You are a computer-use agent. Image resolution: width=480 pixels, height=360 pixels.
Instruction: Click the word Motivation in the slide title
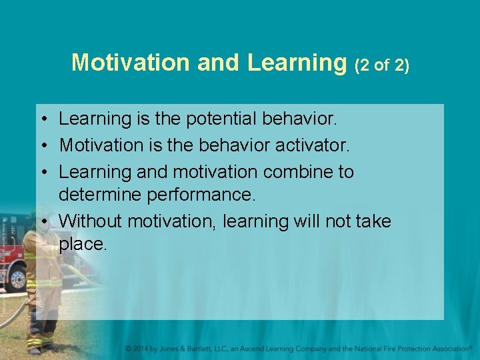131,62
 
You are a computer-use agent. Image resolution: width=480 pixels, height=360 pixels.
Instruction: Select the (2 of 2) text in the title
382,65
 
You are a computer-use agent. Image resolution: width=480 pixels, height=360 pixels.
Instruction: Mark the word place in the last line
81,245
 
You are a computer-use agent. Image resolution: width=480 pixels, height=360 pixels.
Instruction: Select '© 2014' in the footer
139,349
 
